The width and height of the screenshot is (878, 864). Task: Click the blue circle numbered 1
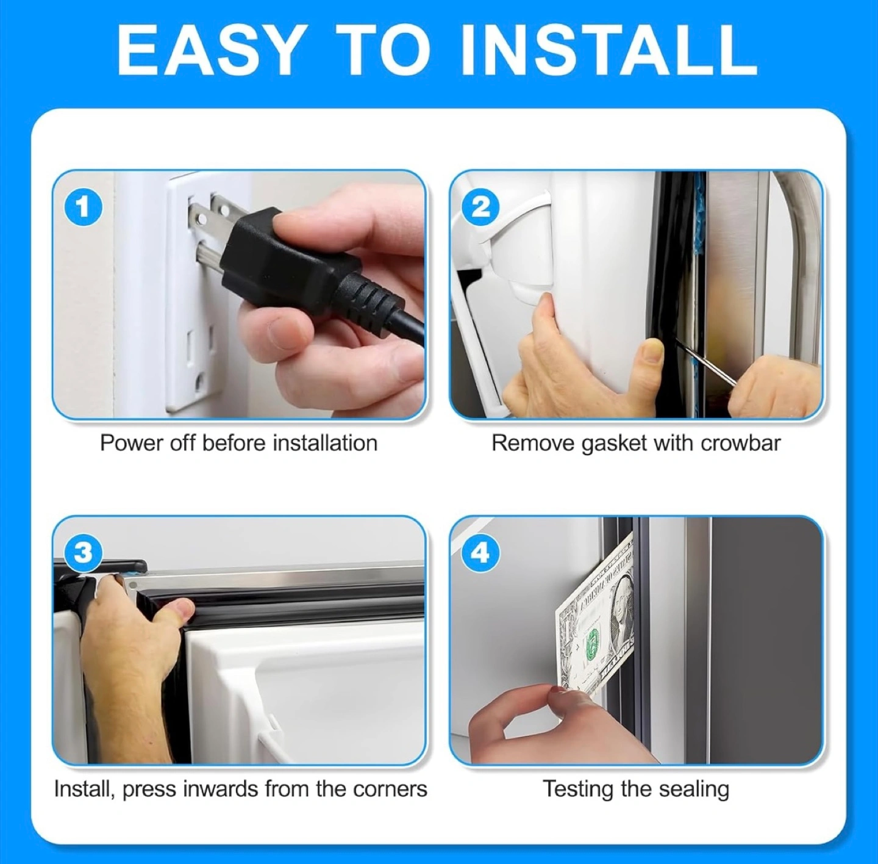pyautogui.click(x=84, y=207)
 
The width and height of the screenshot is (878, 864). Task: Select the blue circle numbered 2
pyautogui.click(x=480, y=207)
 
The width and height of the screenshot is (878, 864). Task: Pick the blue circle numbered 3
pyautogui.click(x=84, y=553)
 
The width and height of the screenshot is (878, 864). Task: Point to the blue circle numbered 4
pyautogui.click(x=480, y=553)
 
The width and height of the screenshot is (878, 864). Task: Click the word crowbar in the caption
pyautogui.click(x=741, y=443)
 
